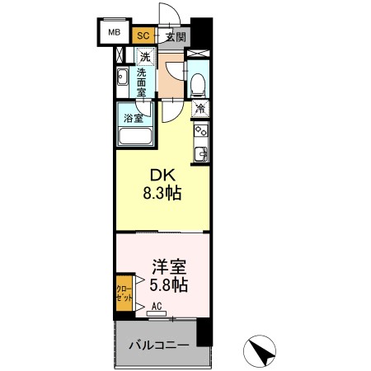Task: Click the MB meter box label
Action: coord(112,35)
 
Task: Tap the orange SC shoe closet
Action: coord(143,35)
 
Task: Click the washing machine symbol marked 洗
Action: coord(144,58)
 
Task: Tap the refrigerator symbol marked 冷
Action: coord(200,107)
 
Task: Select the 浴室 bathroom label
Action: coord(133,118)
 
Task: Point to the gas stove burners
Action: coord(200,129)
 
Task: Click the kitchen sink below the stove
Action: coord(200,153)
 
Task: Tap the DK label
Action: coord(161,176)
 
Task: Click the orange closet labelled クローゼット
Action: coord(120,294)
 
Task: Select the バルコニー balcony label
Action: coord(160,344)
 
